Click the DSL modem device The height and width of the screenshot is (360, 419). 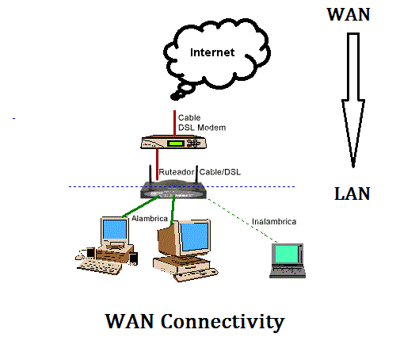click(174, 144)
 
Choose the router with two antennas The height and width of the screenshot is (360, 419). click(173, 190)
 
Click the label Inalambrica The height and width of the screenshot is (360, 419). click(274, 221)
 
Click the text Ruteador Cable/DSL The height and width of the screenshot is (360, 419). click(196, 172)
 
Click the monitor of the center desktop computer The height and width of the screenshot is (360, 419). click(192, 238)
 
